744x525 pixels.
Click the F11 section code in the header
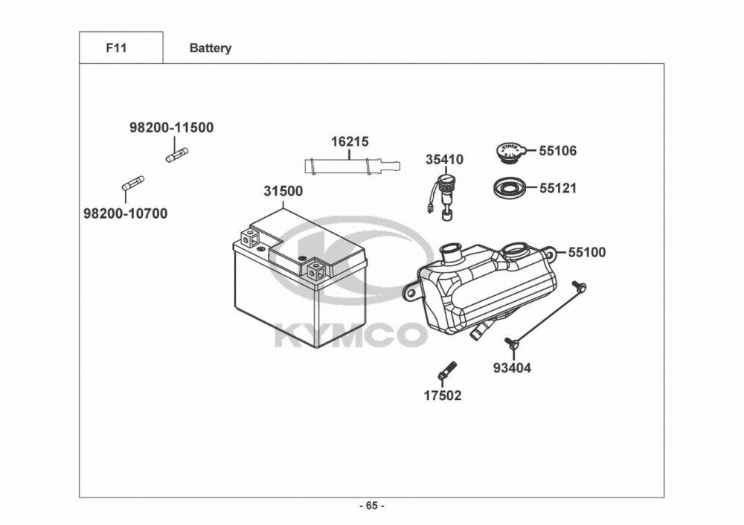tap(117, 48)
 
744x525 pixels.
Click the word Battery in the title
tap(210, 48)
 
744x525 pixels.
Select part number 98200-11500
tap(171, 128)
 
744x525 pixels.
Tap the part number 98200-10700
tap(125, 214)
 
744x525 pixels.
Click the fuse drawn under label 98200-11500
tap(176, 155)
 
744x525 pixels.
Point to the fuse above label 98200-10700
tap(132, 183)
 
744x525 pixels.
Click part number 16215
tap(350, 141)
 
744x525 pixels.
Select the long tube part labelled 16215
tap(350, 164)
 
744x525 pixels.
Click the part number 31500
tap(283, 191)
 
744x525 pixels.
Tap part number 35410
tap(444, 160)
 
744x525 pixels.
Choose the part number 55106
tap(557, 151)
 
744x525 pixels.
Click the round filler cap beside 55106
tap(510, 152)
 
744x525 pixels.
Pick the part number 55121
tap(557, 189)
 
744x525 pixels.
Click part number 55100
tap(586, 253)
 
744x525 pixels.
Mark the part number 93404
tap(512, 367)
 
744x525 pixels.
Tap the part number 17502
tap(443, 396)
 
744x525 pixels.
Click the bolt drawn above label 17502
tap(447, 370)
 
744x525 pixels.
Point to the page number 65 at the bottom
tap(372, 506)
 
